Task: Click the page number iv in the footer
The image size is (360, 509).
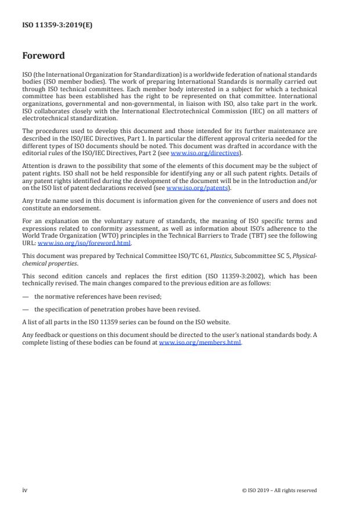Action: (24, 490)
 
